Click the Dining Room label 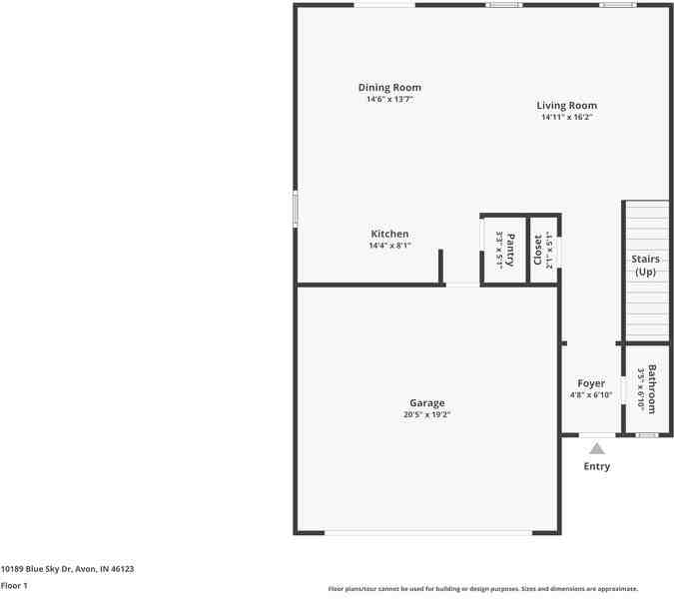point(389,88)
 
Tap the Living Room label point(566,106)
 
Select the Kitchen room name point(389,235)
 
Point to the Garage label point(426,403)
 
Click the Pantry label point(510,250)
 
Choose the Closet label point(538,251)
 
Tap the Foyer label point(591,383)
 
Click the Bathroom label point(652,389)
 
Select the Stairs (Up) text point(646,266)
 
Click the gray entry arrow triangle point(597,449)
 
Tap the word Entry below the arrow point(597,466)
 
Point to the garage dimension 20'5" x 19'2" point(426,414)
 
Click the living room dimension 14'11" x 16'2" point(566,117)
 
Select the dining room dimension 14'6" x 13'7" point(389,99)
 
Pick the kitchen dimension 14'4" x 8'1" point(389,246)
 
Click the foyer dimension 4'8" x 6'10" point(591,394)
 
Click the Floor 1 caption point(14,585)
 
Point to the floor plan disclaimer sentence point(483,589)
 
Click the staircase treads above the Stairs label point(646,225)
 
